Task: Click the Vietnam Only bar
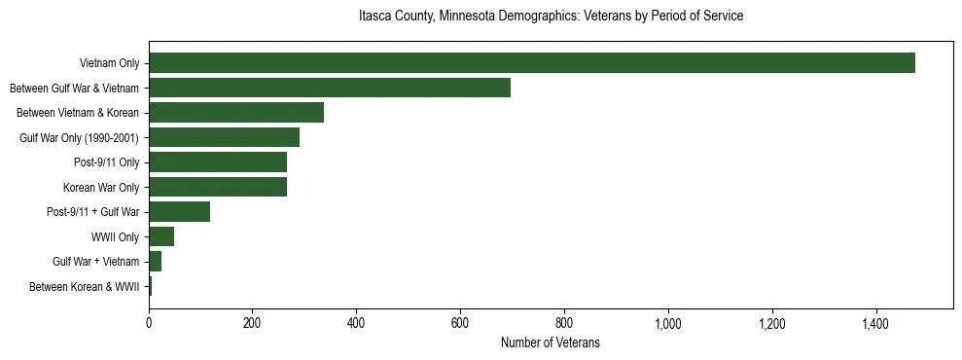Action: (x=532, y=63)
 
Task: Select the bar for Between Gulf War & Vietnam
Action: (x=330, y=88)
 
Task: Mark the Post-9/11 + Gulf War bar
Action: (x=180, y=212)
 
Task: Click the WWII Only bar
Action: (x=161, y=236)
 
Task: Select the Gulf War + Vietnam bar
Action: (x=156, y=262)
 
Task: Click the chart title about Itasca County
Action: (x=551, y=17)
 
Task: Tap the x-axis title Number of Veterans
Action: (x=551, y=343)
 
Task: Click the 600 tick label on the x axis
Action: (x=460, y=323)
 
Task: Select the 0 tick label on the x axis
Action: (x=149, y=323)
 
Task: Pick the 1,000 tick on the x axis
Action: (x=668, y=323)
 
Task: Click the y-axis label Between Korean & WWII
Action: (x=85, y=287)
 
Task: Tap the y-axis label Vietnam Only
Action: (x=109, y=63)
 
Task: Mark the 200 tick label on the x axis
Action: (x=253, y=323)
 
